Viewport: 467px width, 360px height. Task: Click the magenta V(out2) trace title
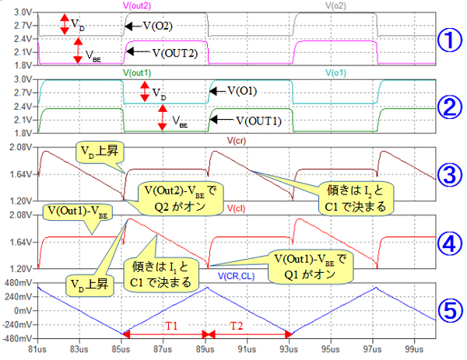tap(138, 6)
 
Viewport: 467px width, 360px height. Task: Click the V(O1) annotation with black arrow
tap(242, 90)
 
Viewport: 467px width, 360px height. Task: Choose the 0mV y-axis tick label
tap(24, 310)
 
